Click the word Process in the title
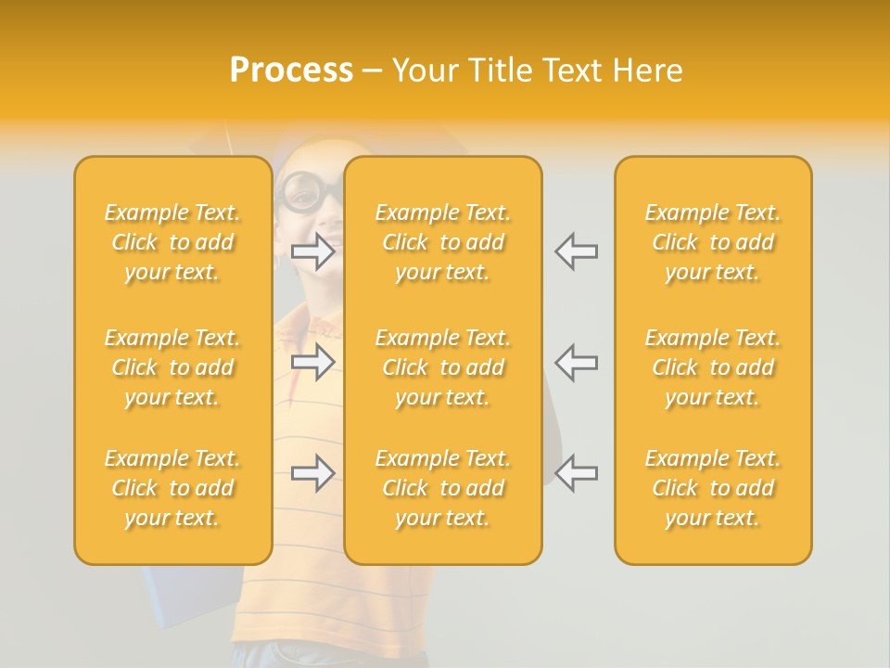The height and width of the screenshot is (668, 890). (291, 71)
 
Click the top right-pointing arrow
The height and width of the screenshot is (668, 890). (313, 250)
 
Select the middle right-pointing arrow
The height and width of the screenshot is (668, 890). (313, 362)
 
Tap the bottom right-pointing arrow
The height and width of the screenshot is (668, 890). (313, 473)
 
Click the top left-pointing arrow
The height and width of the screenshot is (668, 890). (576, 250)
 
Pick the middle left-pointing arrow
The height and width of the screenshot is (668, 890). (576, 362)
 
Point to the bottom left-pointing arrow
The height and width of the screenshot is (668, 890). (576, 473)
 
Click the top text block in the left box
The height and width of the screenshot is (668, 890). (172, 242)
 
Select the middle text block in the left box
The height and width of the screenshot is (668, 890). (172, 367)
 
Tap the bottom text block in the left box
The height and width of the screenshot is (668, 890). (172, 488)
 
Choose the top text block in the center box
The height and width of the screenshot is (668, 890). (443, 242)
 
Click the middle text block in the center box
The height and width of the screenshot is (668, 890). (443, 367)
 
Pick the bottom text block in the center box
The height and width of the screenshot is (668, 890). (443, 488)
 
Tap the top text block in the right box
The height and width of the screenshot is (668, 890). (713, 242)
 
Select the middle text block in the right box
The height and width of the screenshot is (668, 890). (713, 367)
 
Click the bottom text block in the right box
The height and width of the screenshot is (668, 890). (713, 488)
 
